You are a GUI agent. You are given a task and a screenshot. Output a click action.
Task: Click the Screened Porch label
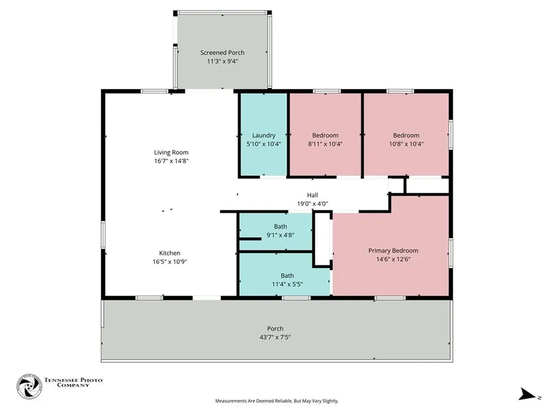pos(222,52)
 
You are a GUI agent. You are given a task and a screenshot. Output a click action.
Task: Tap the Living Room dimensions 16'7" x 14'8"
pos(171,161)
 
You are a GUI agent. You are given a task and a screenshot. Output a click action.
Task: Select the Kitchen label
pos(169,253)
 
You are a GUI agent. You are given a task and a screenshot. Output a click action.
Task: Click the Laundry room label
pos(264,135)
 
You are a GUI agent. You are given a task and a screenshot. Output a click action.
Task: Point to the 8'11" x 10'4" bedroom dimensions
pos(325,144)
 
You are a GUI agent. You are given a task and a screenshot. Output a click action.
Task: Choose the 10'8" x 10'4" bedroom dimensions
pos(406,144)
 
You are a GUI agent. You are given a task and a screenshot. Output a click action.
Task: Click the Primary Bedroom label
pos(393,250)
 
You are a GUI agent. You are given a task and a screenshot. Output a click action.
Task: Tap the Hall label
pos(313,195)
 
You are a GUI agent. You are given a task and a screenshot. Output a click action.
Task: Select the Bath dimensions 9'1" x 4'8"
pos(280,235)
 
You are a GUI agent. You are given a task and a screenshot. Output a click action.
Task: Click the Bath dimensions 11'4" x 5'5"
pos(287,284)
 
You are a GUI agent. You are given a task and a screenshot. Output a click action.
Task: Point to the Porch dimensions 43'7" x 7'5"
pos(275,337)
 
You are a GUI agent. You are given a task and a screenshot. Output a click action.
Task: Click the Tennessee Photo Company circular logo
pos(29,387)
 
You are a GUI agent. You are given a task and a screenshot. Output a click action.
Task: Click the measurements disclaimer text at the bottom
pos(277,401)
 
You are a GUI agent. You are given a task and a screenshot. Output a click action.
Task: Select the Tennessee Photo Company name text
pos(73,383)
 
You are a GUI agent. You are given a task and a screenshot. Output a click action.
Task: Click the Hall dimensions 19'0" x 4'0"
pos(313,204)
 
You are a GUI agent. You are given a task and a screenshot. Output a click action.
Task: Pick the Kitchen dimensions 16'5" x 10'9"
pos(169,262)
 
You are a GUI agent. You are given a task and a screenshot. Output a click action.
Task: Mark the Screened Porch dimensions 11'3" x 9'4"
pos(222,61)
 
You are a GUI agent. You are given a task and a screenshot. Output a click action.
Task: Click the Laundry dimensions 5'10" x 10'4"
pos(264,144)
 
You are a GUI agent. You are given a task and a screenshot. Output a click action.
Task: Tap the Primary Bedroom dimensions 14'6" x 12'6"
pos(393,259)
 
